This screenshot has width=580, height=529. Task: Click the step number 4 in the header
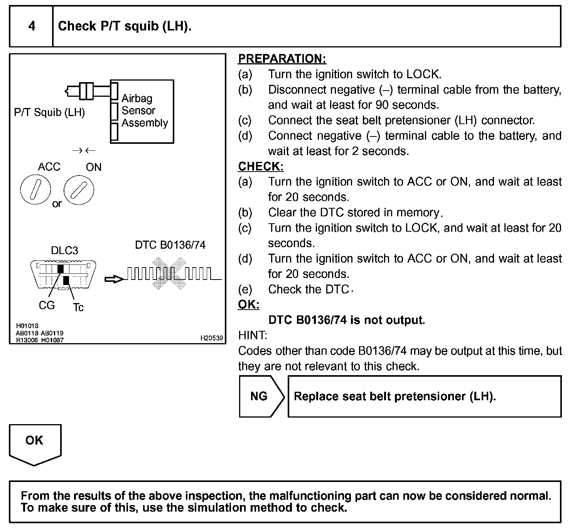click(32, 26)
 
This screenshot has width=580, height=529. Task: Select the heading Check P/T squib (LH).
click(125, 26)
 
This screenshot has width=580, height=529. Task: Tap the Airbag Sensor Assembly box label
click(145, 111)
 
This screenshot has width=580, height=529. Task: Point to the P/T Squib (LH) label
click(49, 113)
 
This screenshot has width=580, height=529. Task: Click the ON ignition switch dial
click(79, 190)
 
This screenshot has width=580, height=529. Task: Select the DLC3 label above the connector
click(64, 251)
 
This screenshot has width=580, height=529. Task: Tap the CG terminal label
click(47, 305)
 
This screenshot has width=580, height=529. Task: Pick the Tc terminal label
click(78, 307)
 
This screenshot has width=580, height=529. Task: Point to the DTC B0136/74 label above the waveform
click(170, 245)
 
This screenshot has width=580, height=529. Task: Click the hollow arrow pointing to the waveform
click(115, 279)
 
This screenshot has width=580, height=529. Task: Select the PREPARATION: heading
click(282, 59)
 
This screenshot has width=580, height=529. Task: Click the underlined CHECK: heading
click(261, 166)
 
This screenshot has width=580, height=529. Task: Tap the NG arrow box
click(260, 396)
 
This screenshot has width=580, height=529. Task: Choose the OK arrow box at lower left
click(35, 443)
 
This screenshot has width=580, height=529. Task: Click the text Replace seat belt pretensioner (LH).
click(395, 396)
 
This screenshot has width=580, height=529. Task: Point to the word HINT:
click(253, 335)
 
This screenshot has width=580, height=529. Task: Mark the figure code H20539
click(211, 338)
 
